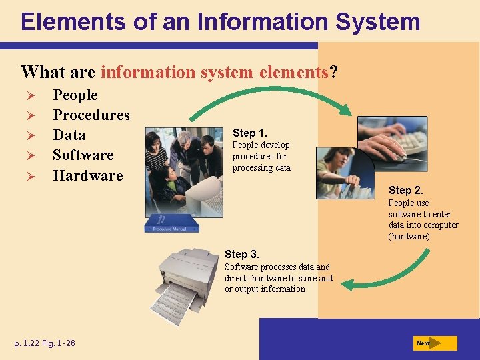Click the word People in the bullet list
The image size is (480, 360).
pyautogui.click(x=75, y=95)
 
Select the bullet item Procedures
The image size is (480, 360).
pyautogui.click(x=91, y=115)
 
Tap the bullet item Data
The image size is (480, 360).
pyautogui.click(x=69, y=135)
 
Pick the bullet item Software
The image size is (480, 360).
pyautogui.click(x=83, y=155)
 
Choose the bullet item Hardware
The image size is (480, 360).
pyautogui.click(x=88, y=176)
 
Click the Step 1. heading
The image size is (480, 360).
pyautogui.click(x=249, y=132)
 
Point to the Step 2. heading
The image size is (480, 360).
pyautogui.click(x=406, y=191)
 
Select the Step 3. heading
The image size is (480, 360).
pyautogui.click(x=242, y=254)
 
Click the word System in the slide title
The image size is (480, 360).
pyautogui.click(x=378, y=21)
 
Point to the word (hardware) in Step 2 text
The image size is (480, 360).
pyautogui.click(x=409, y=236)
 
